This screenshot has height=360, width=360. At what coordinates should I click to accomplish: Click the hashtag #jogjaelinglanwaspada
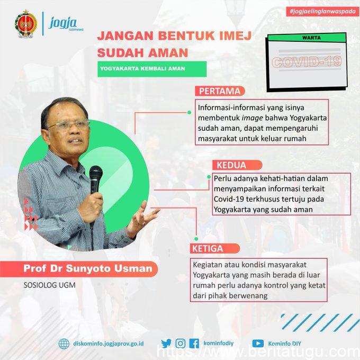(x=322, y=12)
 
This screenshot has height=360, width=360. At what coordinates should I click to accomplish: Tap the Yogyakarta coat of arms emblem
(x=26, y=24)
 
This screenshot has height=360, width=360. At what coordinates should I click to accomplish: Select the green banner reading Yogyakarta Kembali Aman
(x=152, y=69)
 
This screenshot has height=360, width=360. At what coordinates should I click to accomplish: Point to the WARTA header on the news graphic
(x=311, y=38)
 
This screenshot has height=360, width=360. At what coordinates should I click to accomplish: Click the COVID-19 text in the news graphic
(x=307, y=62)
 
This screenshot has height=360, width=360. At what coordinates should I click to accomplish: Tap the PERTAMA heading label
(x=220, y=91)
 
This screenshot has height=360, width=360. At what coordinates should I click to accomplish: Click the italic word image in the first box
(x=253, y=118)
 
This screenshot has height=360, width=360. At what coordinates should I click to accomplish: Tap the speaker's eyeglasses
(x=69, y=125)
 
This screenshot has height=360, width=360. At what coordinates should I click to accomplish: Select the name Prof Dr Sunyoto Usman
(x=88, y=268)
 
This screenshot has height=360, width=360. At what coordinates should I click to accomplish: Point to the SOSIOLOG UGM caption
(x=50, y=285)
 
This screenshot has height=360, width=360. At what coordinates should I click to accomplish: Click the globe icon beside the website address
(x=64, y=344)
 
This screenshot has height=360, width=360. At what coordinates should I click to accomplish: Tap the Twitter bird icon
(x=166, y=344)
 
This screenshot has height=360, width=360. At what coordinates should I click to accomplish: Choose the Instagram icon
(x=181, y=344)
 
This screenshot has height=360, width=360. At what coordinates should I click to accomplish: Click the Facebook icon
(x=194, y=344)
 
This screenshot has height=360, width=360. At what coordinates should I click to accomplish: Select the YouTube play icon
(x=258, y=344)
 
